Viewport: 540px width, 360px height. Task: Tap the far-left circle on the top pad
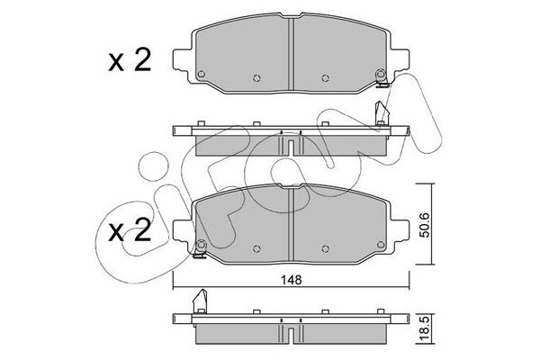point(203,74)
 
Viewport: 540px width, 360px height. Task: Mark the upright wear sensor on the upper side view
point(382,113)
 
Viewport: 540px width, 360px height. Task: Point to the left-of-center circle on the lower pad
point(258,249)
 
